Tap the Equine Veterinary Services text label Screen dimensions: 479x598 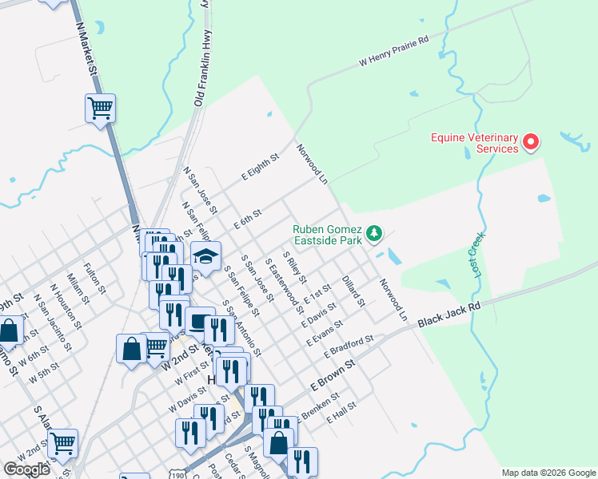(x=474, y=143)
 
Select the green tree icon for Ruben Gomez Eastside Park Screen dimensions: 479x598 (x=374, y=234)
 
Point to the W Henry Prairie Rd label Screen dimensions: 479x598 (x=394, y=49)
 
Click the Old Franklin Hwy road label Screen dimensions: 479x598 (x=204, y=69)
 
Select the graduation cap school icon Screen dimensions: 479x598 (x=205, y=256)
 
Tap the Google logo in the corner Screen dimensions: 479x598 (x=26, y=469)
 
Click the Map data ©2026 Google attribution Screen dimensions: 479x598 (x=548, y=473)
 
